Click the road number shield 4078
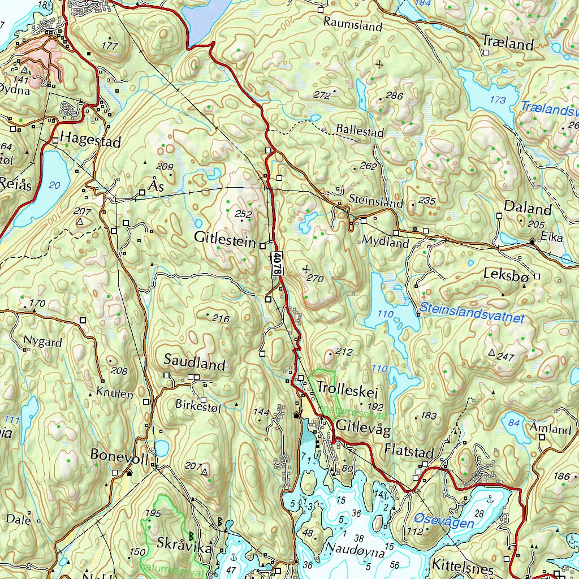[276, 263]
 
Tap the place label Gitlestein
[224, 237]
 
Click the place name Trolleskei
[347, 388]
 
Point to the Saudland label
[195, 364]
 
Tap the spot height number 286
[394, 96]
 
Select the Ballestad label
[360, 131]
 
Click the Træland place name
[508, 44]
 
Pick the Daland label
[528, 208]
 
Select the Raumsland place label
[353, 25]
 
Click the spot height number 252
[243, 214]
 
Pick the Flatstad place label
[408, 451]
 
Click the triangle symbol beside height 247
[491, 353]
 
